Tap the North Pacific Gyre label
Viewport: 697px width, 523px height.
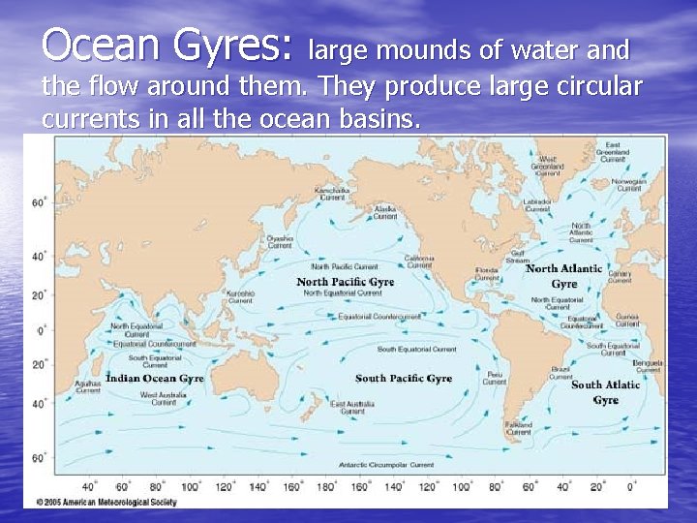tap(346, 282)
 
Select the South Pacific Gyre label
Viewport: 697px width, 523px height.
tap(404, 379)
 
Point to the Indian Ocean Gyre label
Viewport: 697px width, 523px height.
tap(155, 379)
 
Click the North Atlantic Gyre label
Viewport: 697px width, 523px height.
tap(563, 276)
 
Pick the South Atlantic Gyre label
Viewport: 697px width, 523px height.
tap(605, 392)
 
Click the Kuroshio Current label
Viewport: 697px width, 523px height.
tap(240, 296)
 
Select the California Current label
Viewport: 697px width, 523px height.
tap(420, 262)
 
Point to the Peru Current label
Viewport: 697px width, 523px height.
tap(494, 378)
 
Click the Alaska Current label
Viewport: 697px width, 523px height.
tap(385, 211)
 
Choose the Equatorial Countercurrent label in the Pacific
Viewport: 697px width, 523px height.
tap(380, 317)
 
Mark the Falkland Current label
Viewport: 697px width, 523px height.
tap(518, 427)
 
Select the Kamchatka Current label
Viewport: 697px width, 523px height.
tap(333, 194)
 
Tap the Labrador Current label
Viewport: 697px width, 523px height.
tap(536, 204)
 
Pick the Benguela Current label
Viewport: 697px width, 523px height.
tap(648, 367)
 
